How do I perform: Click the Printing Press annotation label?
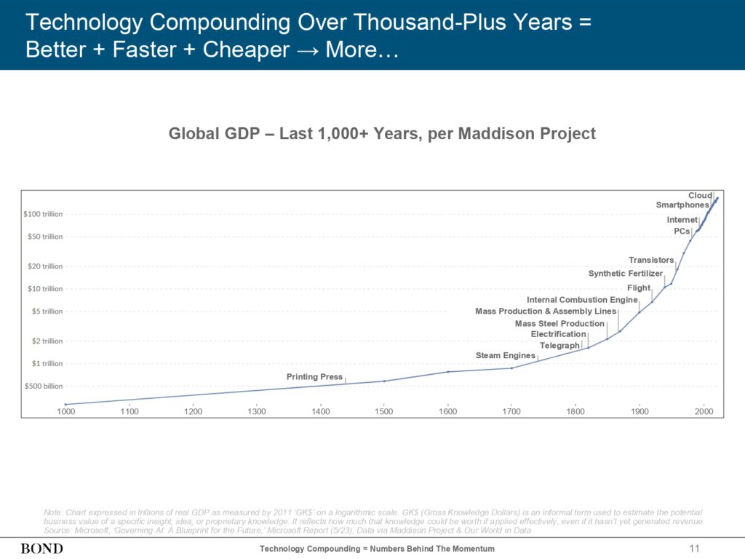point(314,377)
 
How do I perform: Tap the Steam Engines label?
point(505,356)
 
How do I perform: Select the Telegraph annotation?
point(559,346)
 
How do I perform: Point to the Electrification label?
point(558,334)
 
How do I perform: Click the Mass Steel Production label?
point(559,324)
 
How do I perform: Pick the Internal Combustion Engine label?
point(582,300)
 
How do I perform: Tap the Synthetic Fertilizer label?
point(625,274)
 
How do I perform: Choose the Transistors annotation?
point(651,261)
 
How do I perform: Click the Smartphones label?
point(682,205)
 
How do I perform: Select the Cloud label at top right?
point(700,196)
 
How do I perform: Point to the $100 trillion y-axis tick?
point(43,214)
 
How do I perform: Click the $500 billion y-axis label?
point(43,386)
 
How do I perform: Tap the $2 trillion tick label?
point(46,341)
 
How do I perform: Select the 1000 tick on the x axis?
point(65,412)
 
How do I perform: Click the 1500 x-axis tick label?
point(384,412)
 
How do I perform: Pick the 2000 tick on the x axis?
point(703,412)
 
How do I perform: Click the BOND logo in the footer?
point(41,548)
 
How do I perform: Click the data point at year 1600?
point(448,372)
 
